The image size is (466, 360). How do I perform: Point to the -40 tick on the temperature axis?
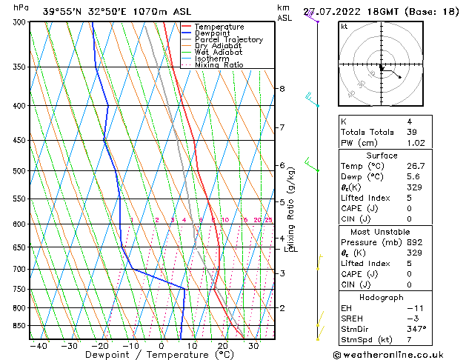point(38,345)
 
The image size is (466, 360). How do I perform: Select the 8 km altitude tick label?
point(282,89)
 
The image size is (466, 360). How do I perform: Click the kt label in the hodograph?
point(344,27)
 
